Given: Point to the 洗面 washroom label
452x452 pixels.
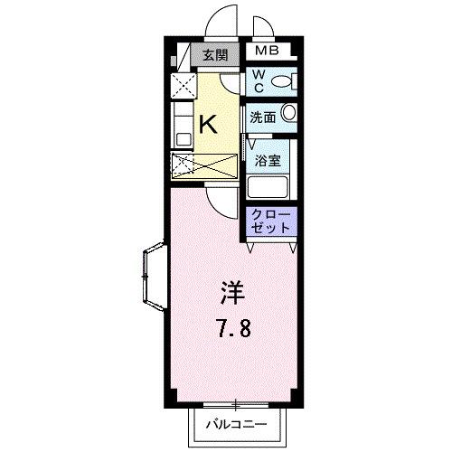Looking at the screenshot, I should [x=263, y=115].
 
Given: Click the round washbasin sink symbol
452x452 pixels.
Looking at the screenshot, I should [x=289, y=114].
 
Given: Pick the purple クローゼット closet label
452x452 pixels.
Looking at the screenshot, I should [x=271, y=222].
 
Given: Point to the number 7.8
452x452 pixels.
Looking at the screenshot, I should [x=232, y=326].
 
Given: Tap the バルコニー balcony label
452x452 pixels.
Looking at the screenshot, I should [x=234, y=423].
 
